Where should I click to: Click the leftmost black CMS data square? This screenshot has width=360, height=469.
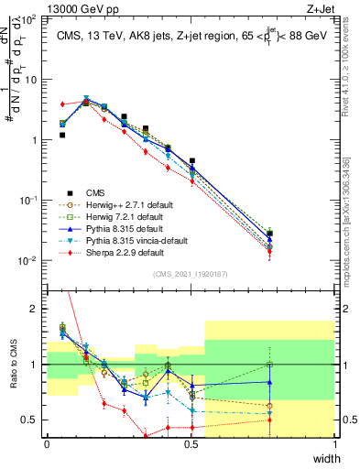click(x=62, y=135)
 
